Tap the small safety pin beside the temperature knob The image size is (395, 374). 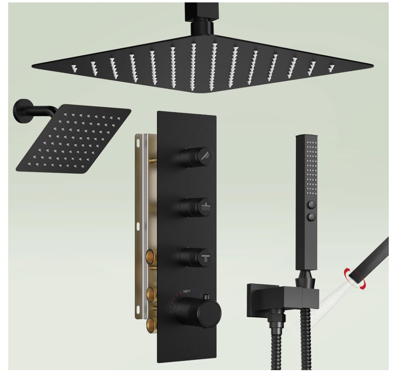[207, 297]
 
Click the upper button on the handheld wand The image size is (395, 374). [312, 204]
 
